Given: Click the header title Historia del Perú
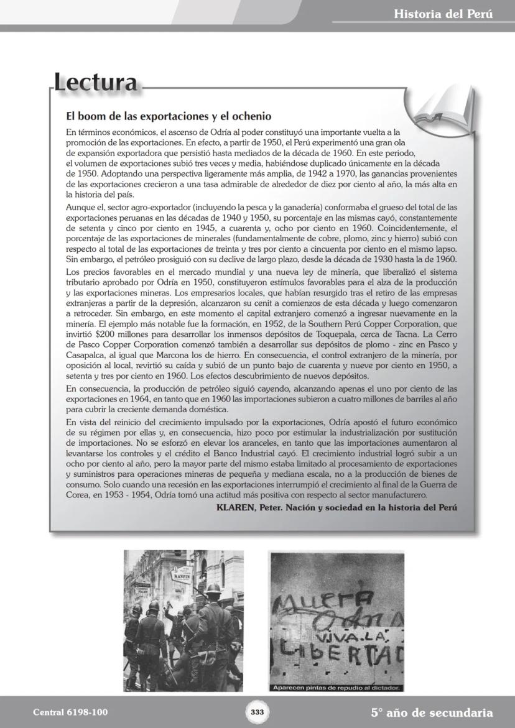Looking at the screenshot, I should [443, 14].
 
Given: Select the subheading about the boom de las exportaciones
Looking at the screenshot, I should [169, 116].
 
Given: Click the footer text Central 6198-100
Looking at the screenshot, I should [65, 712].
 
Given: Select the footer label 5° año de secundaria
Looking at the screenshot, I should [432, 712].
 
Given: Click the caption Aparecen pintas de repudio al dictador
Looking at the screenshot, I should [336, 688].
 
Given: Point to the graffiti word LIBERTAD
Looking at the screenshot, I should [339, 652].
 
